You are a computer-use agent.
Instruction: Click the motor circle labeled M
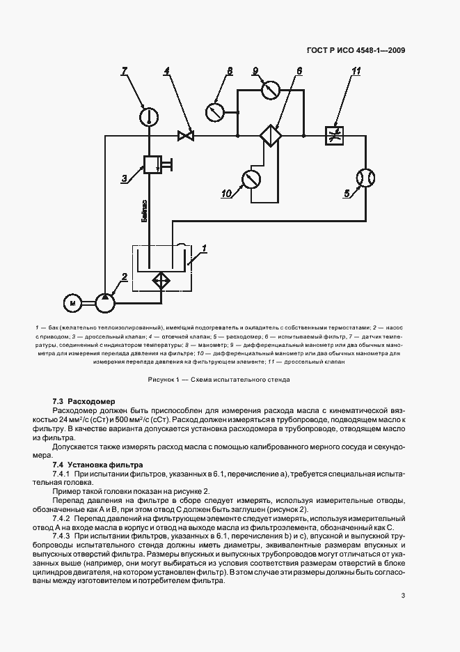pyautogui.click(x=72, y=303)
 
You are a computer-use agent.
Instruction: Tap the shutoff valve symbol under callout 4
pyautogui.click(x=186, y=136)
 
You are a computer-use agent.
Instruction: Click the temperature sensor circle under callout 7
pyautogui.click(x=148, y=116)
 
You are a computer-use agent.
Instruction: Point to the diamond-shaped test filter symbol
pyautogui.click(x=270, y=136)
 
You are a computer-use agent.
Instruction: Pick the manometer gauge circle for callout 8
pyautogui.click(x=216, y=110)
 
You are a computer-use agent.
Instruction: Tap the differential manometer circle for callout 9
pyautogui.click(x=270, y=90)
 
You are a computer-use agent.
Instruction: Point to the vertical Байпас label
pyautogui.click(x=143, y=210)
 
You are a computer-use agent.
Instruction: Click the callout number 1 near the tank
pyautogui.click(x=204, y=247)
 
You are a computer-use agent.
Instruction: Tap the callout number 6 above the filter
pyautogui.click(x=299, y=71)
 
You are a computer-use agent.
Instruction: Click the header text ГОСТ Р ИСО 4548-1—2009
pyautogui.click(x=356, y=51)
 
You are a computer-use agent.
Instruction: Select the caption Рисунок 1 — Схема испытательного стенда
pyautogui.click(x=219, y=380)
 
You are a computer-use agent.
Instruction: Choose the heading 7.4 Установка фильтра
pyautogui.click(x=97, y=464)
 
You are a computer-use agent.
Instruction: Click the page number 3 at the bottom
pyautogui.click(x=403, y=595)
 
